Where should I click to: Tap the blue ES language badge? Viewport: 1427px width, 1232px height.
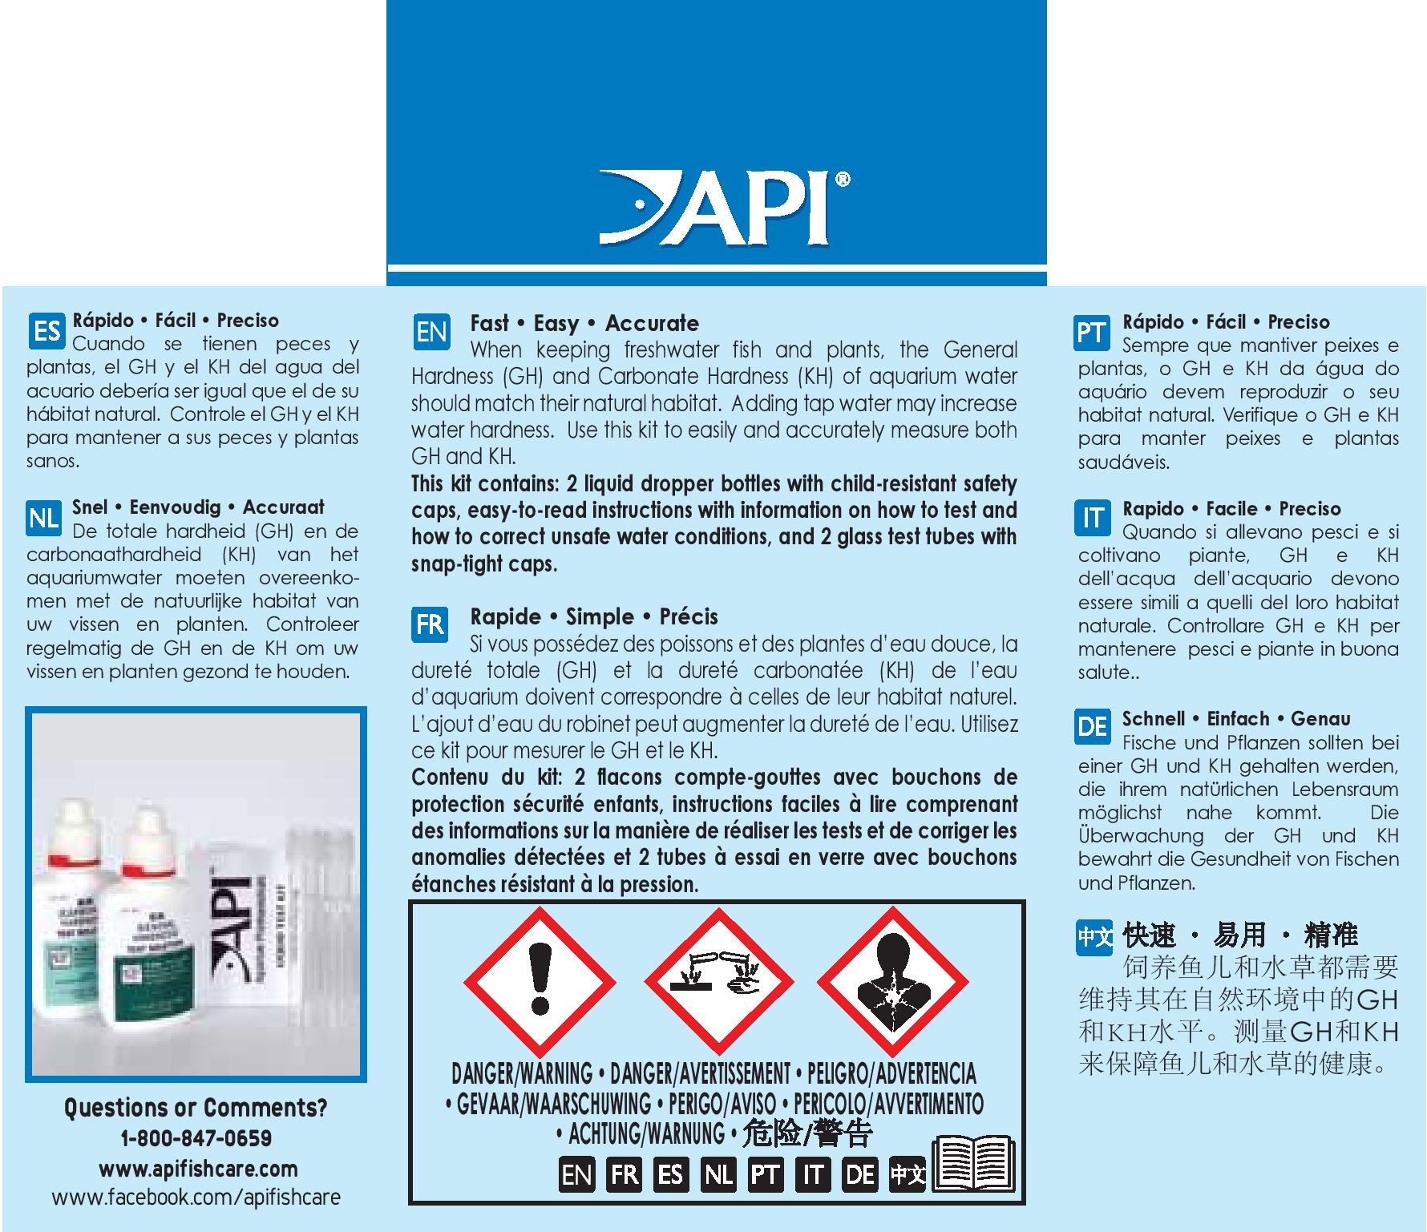click(x=46, y=331)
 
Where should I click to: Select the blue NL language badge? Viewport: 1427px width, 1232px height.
click(x=43, y=519)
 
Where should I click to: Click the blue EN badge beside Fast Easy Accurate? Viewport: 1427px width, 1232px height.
click(x=432, y=331)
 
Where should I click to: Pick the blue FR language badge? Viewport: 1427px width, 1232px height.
click(x=431, y=624)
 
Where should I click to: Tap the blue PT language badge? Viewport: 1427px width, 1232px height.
click(x=1091, y=332)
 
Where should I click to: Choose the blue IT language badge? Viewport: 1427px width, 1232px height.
click(x=1092, y=519)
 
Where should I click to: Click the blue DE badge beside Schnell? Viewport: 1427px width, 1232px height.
click(x=1092, y=727)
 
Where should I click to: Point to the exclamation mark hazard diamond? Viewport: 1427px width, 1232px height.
click(x=540, y=981)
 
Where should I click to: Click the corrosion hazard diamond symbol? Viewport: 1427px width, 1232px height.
click(x=719, y=981)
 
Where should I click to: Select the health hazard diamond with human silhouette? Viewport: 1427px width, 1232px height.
click(x=892, y=981)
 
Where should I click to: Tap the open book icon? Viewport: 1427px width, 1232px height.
click(x=974, y=1162)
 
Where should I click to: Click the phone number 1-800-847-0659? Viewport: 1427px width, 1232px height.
click(x=196, y=1138)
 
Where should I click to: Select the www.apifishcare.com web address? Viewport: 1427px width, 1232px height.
click(x=197, y=1169)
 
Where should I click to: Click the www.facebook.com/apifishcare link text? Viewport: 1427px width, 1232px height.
click(x=196, y=1198)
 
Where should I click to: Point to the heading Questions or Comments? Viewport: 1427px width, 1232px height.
click(x=196, y=1108)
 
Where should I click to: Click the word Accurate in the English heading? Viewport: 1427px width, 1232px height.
click(x=651, y=324)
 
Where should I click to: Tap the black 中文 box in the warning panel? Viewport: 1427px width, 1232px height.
click(x=908, y=1175)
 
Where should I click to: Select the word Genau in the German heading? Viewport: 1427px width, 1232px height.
click(x=1320, y=719)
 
